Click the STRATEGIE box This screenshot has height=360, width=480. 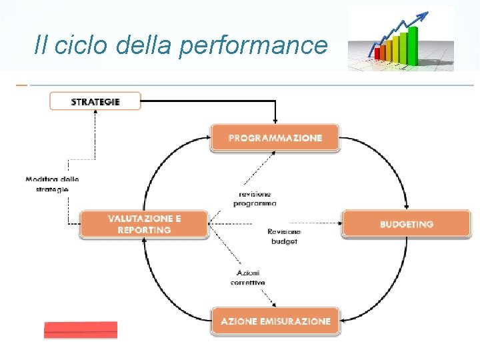point(95,101)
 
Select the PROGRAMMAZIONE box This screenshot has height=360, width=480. point(275,138)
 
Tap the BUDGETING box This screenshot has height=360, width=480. point(406,224)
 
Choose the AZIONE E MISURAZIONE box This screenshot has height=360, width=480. point(275,321)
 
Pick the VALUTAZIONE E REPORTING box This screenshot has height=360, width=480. point(144,224)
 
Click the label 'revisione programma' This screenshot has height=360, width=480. point(254,199)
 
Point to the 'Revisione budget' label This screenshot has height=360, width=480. point(284,236)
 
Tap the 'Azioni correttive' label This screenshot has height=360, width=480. point(247,277)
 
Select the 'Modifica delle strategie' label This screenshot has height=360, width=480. point(52,184)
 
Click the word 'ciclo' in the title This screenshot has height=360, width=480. point(80,45)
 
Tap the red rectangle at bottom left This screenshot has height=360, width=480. point(81,330)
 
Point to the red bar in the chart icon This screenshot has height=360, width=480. point(378,53)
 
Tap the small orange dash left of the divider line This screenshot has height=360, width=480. point(21,85)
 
